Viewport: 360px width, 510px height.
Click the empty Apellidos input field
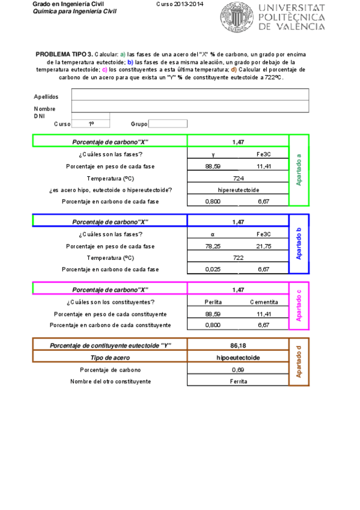click(190, 95)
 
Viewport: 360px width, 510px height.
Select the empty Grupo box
click(168, 124)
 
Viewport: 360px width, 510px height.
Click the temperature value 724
click(239, 178)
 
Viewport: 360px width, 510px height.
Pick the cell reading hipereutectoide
click(239, 190)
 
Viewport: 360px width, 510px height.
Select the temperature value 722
click(239, 257)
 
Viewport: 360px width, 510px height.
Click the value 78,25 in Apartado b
click(213, 246)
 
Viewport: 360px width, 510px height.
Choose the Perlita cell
click(213, 302)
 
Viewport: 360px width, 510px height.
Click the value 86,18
click(239, 345)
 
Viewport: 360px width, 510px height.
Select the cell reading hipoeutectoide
click(239, 357)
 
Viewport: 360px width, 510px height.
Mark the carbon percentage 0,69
click(239, 370)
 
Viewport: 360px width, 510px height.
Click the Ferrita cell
click(239, 381)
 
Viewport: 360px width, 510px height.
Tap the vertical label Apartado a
click(299, 170)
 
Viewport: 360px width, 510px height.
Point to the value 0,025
click(213, 269)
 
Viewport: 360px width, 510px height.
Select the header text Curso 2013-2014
click(180, 4)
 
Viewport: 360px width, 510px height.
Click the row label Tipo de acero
click(110, 357)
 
